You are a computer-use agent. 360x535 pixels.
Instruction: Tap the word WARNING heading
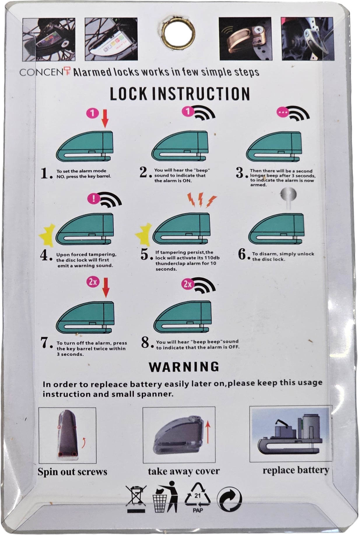tap(184, 367)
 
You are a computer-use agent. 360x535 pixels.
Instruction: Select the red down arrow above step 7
tap(106, 288)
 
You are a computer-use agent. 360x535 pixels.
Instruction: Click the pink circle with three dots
tap(282, 112)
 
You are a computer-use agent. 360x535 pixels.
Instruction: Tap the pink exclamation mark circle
tap(93, 199)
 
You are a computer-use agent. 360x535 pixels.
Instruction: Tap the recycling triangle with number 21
tap(198, 497)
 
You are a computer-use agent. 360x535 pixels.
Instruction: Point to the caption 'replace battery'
tap(296, 470)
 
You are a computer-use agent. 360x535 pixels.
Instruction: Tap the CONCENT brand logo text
tap(45, 72)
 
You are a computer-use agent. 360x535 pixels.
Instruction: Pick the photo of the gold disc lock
tap(245, 39)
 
